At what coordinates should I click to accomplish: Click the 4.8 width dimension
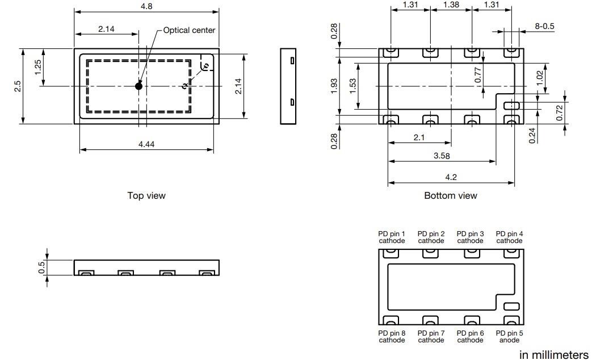146,6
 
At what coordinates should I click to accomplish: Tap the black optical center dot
138,86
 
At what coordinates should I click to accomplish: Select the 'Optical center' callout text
189,30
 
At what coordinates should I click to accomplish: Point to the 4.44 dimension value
146,145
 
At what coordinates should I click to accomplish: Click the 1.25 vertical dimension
38,67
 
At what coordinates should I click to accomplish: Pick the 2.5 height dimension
18,86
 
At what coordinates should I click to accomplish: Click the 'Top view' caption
146,195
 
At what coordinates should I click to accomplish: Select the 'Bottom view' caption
451,195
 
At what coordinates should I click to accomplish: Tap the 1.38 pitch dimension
450,5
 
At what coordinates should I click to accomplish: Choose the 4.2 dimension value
451,178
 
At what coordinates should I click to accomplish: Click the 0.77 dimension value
478,76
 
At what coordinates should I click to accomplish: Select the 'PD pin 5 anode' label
509,336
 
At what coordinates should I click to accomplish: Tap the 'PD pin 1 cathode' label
392,237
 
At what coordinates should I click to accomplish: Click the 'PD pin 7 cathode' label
431,336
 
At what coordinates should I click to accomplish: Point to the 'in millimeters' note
553,355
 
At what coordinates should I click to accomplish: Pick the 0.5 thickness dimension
41,267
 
